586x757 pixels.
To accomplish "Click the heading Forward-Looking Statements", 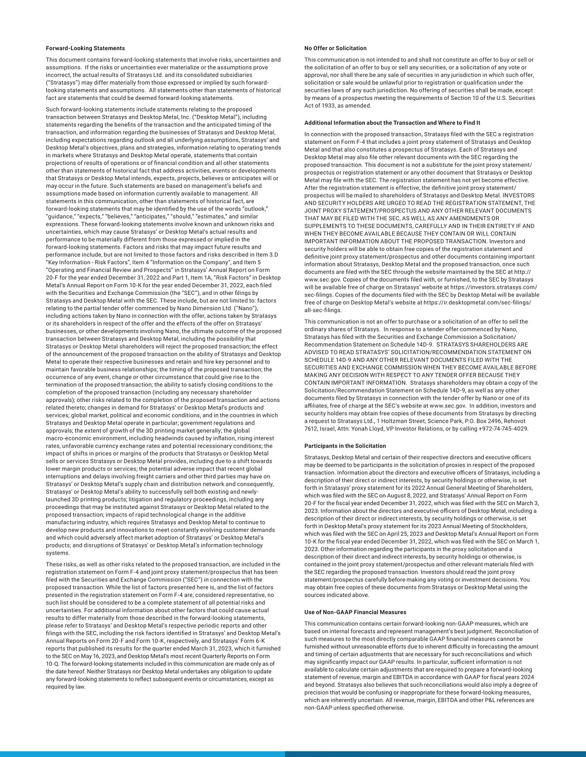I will [85, 48].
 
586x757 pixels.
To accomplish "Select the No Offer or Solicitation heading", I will [335, 48].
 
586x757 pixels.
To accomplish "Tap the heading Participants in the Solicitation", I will [345, 446].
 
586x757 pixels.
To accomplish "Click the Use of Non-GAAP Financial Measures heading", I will [355, 612].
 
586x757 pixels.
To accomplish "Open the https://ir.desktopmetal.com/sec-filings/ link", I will [477, 303].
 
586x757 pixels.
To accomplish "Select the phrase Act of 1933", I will [322, 106].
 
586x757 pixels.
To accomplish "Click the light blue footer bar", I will [142, 754].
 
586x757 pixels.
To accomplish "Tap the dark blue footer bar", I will [435, 754].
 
